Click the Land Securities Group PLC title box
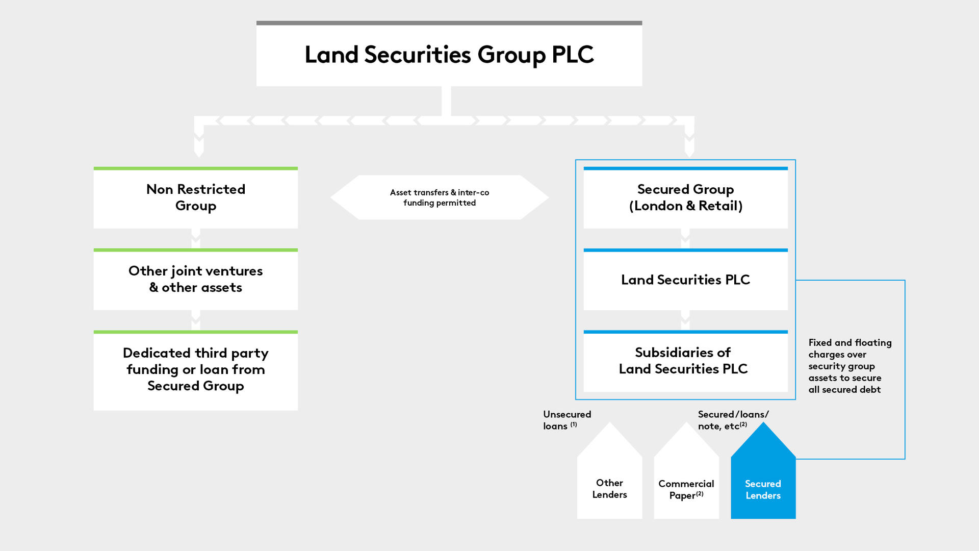tap(449, 55)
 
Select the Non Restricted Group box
tap(195, 198)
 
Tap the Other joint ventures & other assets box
tap(195, 280)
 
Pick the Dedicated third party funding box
tap(195, 370)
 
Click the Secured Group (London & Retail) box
tap(685, 198)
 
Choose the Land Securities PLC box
tap(685, 280)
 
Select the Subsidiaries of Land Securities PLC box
tap(685, 361)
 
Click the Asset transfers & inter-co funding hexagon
tap(439, 197)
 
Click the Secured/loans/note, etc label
tap(732, 420)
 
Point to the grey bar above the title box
tap(449, 23)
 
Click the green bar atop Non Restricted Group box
tap(195, 168)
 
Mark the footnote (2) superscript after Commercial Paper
tap(700, 493)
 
